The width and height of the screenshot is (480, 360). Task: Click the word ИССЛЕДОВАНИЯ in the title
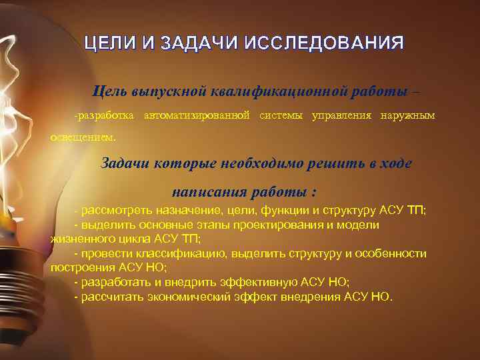click(325, 45)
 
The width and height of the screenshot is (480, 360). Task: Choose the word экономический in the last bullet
click(181, 296)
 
